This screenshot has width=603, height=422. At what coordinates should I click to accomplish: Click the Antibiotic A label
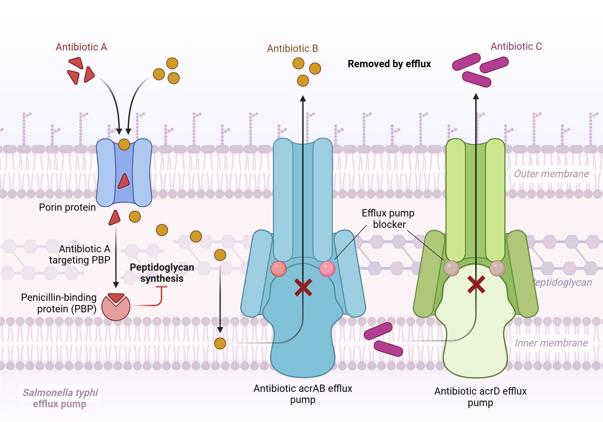(81, 47)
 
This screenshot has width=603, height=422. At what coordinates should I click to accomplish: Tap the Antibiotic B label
(292, 48)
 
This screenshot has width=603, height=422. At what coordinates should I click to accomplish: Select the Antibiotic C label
(516, 46)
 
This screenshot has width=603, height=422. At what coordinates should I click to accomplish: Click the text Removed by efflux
(389, 64)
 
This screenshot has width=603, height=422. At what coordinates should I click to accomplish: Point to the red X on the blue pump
(303, 287)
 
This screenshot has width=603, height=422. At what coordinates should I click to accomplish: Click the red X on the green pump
(476, 284)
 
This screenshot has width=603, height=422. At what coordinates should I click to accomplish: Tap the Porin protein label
(67, 207)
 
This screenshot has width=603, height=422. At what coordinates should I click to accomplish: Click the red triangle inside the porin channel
(124, 181)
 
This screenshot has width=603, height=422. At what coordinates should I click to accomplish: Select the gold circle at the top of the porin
(124, 144)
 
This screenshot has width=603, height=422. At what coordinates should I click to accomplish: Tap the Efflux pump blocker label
(388, 219)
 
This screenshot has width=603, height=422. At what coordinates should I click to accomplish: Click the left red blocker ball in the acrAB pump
(278, 269)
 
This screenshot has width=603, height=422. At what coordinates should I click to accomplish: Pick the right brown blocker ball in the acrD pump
(497, 268)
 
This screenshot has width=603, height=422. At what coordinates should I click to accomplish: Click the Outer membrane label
(551, 174)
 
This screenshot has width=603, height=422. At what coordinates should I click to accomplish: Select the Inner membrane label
(551, 343)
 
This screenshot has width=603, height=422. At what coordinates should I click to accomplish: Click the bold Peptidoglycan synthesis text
(162, 273)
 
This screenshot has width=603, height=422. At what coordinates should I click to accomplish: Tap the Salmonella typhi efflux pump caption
(60, 398)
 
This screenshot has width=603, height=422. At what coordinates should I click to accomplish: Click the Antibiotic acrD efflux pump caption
(480, 397)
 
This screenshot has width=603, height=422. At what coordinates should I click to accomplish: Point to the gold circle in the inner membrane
(220, 343)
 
